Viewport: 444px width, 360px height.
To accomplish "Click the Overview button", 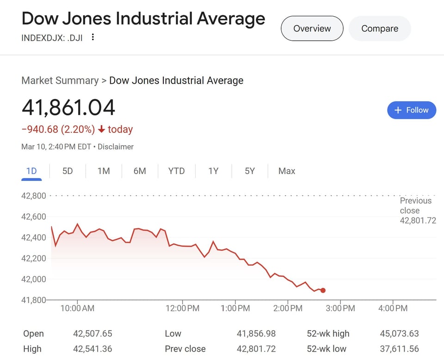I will (312, 28).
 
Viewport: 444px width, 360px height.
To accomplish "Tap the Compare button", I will (380, 28).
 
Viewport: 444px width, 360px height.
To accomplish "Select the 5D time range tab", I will (68, 171).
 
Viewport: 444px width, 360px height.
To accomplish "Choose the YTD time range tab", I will (176, 171).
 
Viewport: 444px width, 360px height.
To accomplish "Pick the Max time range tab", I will (287, 171).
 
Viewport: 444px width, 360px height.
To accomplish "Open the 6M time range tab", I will (140, 171).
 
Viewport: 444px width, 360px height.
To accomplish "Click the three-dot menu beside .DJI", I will (93, 37).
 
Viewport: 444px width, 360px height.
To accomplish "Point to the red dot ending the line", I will (323, 291).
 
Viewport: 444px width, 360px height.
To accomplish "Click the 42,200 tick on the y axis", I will (34, 258).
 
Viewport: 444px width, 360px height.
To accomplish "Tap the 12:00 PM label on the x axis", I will (182, 308).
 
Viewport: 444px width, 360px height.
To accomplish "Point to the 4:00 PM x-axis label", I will (393, 308).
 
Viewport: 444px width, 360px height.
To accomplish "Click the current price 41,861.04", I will (68, 108).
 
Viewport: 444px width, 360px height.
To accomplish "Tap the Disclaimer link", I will (116, 147).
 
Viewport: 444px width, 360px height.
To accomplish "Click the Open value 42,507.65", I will (92, 334).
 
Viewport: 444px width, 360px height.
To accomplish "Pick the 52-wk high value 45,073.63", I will (398, 334).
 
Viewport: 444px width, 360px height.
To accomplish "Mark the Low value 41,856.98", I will (256, 334).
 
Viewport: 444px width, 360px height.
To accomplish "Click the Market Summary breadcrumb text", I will (60, 81).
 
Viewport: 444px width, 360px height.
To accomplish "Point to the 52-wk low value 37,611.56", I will (398, 349).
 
